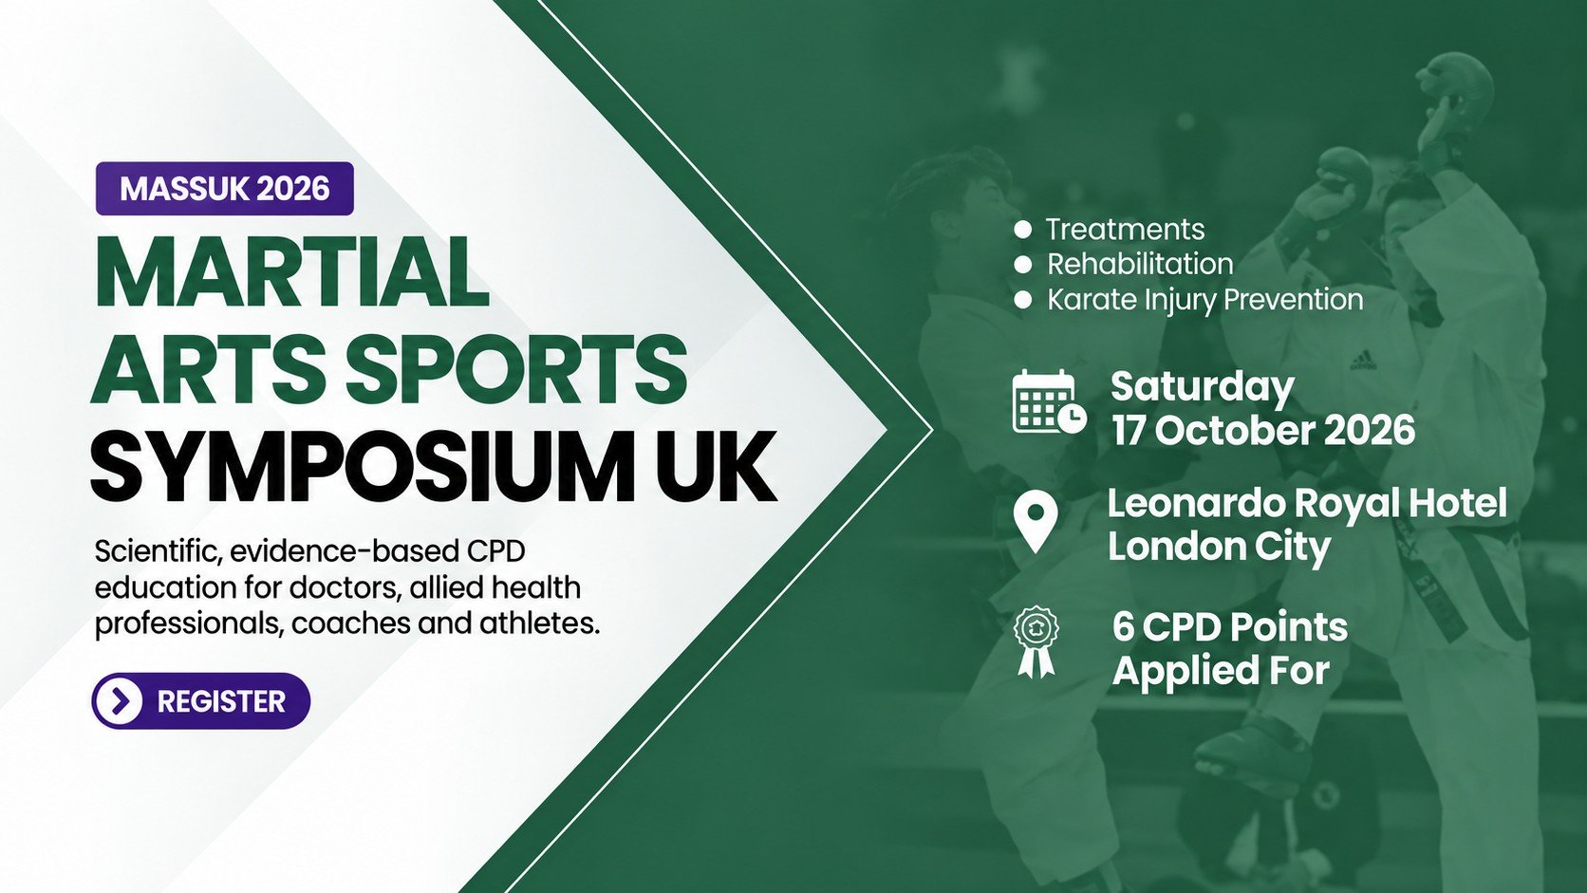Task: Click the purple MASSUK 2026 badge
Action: point(225,188)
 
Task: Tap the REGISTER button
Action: point(201,701)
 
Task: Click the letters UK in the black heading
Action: point(716,465)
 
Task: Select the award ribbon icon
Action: point(1036,642)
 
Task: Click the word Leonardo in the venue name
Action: point(1196,504)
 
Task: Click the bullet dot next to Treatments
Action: point(1023,230)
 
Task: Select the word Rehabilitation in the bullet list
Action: point(1140,264)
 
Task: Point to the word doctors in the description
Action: point(340,587)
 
